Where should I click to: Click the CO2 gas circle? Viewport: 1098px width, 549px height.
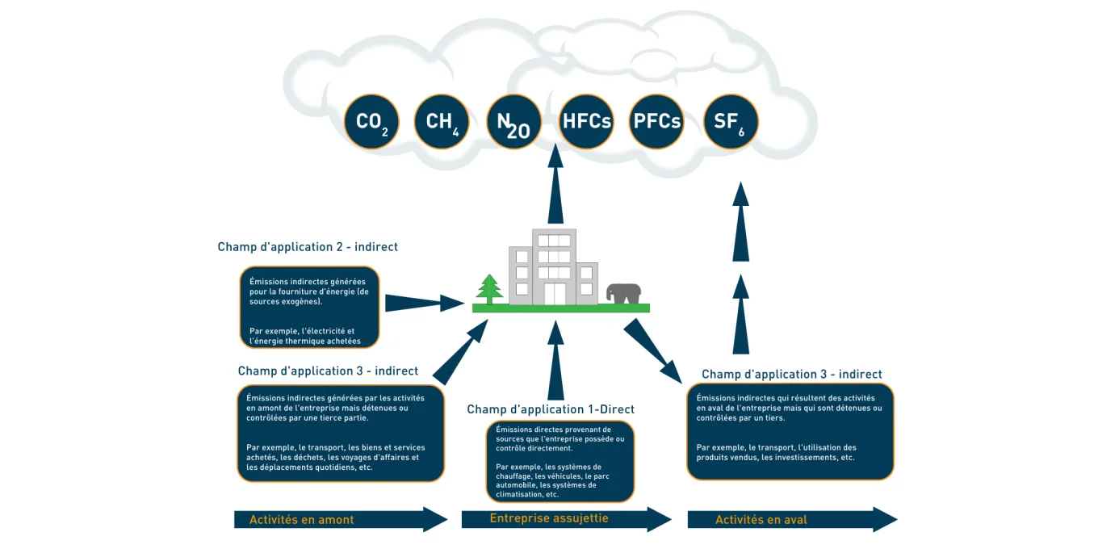click(x=371, y=122)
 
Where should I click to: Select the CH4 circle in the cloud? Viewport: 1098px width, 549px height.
click(x=442, y=122)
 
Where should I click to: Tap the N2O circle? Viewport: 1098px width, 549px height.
click(x=513, y=122)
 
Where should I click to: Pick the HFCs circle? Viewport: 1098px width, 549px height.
click(x=586, y=122)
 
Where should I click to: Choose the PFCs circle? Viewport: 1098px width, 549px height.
click(x=656, y=122)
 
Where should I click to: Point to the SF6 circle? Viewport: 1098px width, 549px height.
click(x=730, y=122)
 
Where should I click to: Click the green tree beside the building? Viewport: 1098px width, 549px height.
click(x=488, y=290)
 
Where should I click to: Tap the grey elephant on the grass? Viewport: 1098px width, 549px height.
click(x=624, y=294)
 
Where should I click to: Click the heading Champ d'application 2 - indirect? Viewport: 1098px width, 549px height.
click(x=308, y=247)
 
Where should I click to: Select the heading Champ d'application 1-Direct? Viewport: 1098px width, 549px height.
click(x=551, y=409)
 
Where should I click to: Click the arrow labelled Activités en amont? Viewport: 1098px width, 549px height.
click(x=339, y=520)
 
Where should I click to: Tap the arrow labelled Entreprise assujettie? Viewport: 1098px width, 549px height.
click(x=565, y=519)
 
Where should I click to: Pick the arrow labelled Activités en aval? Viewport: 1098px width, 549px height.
click(x=791, y=520)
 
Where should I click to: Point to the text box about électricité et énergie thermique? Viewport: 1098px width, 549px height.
click(x=309, y=308)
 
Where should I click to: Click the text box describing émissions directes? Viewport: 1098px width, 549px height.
click(x=559, y=461)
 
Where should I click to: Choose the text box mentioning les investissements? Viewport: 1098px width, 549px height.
click(x=790, y=432)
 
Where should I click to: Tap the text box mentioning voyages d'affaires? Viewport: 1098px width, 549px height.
click(x=341, y=434)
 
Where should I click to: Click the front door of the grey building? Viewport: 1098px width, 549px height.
click(x=555, y=294)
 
